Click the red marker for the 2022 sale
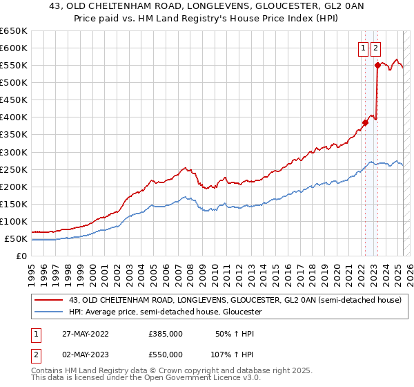point(365,122)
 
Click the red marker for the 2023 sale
point(377,65)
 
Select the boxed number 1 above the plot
point(363,48)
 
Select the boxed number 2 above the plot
point(375,48)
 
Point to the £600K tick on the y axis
point(14,48)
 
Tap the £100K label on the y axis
point(14,221)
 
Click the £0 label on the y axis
point(23,256)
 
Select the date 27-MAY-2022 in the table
point(85,334)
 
